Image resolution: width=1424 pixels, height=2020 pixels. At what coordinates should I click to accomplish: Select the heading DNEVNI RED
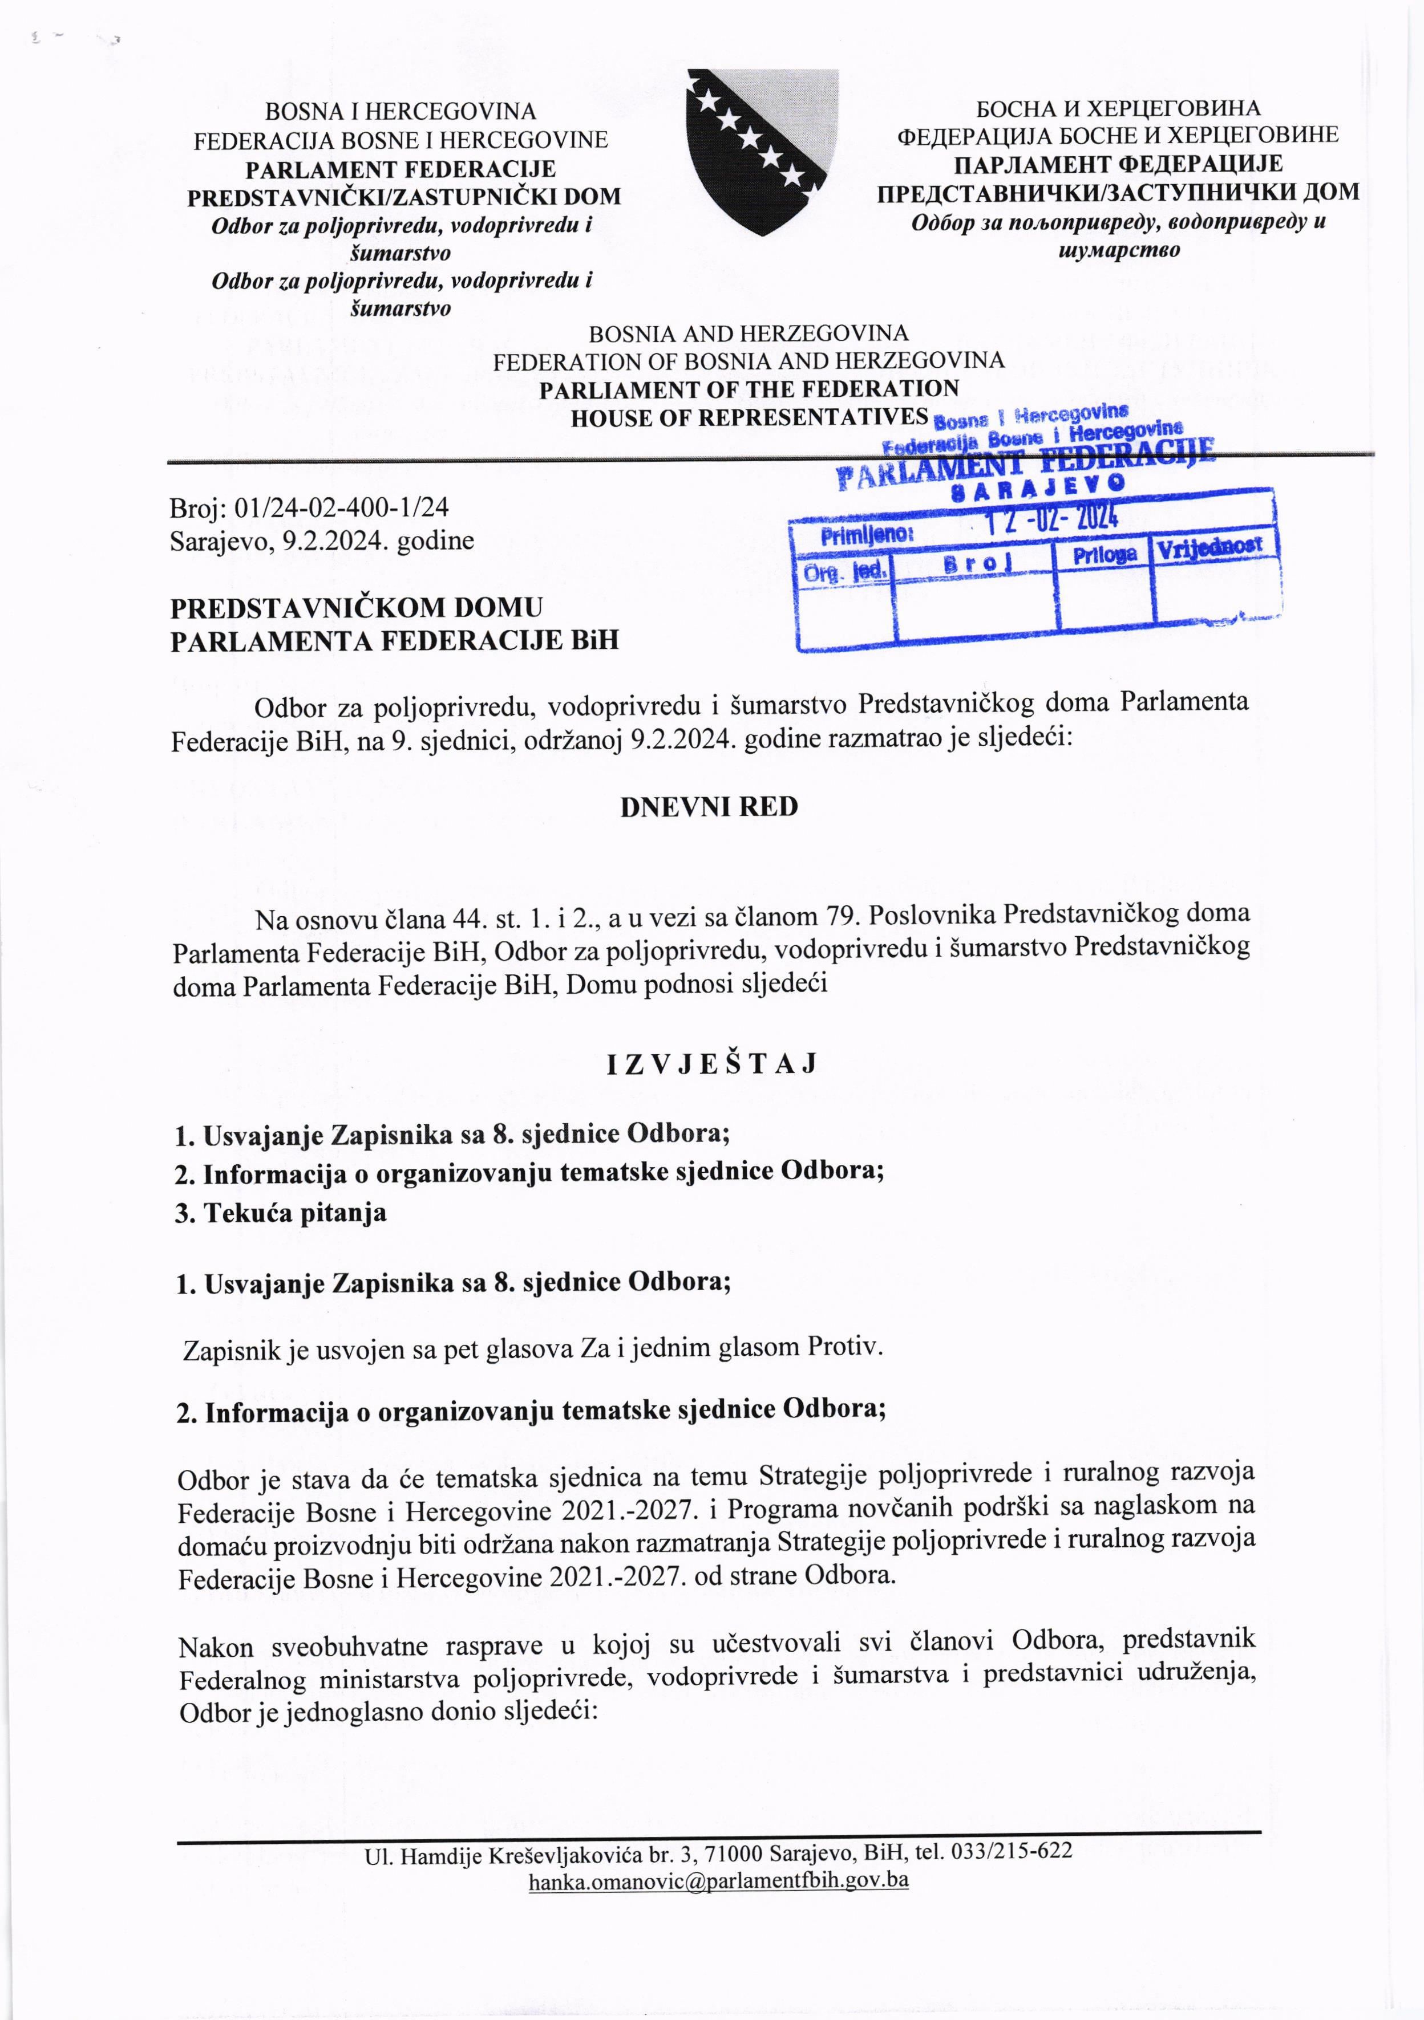coord(709,808)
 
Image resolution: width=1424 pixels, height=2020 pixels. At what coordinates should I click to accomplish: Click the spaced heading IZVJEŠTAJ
coord(711,1064)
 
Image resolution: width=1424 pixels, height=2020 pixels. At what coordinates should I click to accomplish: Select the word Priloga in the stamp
coord(1105,554)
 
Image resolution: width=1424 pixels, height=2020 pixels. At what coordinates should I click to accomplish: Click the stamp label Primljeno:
coord(867,535)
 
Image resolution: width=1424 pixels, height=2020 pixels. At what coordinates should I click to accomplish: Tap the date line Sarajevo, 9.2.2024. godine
coord(322,540)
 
